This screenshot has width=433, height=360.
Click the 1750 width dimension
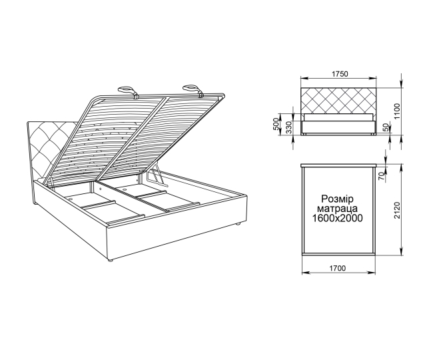(339, 75)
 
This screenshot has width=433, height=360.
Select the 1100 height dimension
(396, 111)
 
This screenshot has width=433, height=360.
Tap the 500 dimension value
(276, 126)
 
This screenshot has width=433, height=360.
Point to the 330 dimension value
(288, 127)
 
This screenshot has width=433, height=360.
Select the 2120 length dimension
(396, 211)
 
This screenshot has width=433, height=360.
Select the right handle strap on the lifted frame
(191, 87)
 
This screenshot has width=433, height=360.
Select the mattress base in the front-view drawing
(339, 125)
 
